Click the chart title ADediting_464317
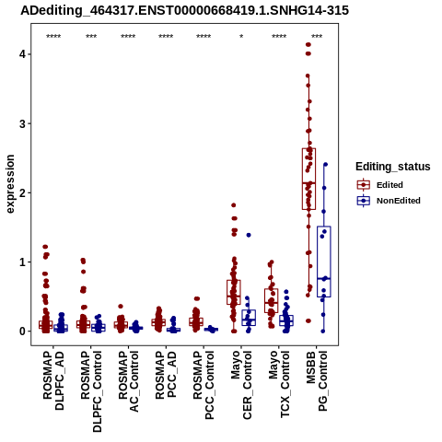pos(185,10)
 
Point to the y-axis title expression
pos(10,184)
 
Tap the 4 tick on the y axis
pos(22,54)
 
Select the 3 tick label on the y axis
pos(22,123)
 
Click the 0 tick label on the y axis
pos(22,331)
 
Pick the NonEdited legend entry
pos(389,201)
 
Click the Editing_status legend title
pos(393,167)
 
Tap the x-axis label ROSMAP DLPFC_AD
pos(53,380)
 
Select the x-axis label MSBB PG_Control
pos(317,381)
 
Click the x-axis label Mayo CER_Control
pos(241,385)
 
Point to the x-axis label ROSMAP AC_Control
pos(128,381)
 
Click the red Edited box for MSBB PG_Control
pos(308,179)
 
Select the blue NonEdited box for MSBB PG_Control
pos(324,262)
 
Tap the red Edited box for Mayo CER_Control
pos(234,292)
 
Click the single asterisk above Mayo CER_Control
pos(241,37)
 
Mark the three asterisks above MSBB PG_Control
pos(317,37)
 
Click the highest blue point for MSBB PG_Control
pos(326,165)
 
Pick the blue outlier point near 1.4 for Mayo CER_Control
pos(249,235)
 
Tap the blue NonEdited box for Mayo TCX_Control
pos(286,320)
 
